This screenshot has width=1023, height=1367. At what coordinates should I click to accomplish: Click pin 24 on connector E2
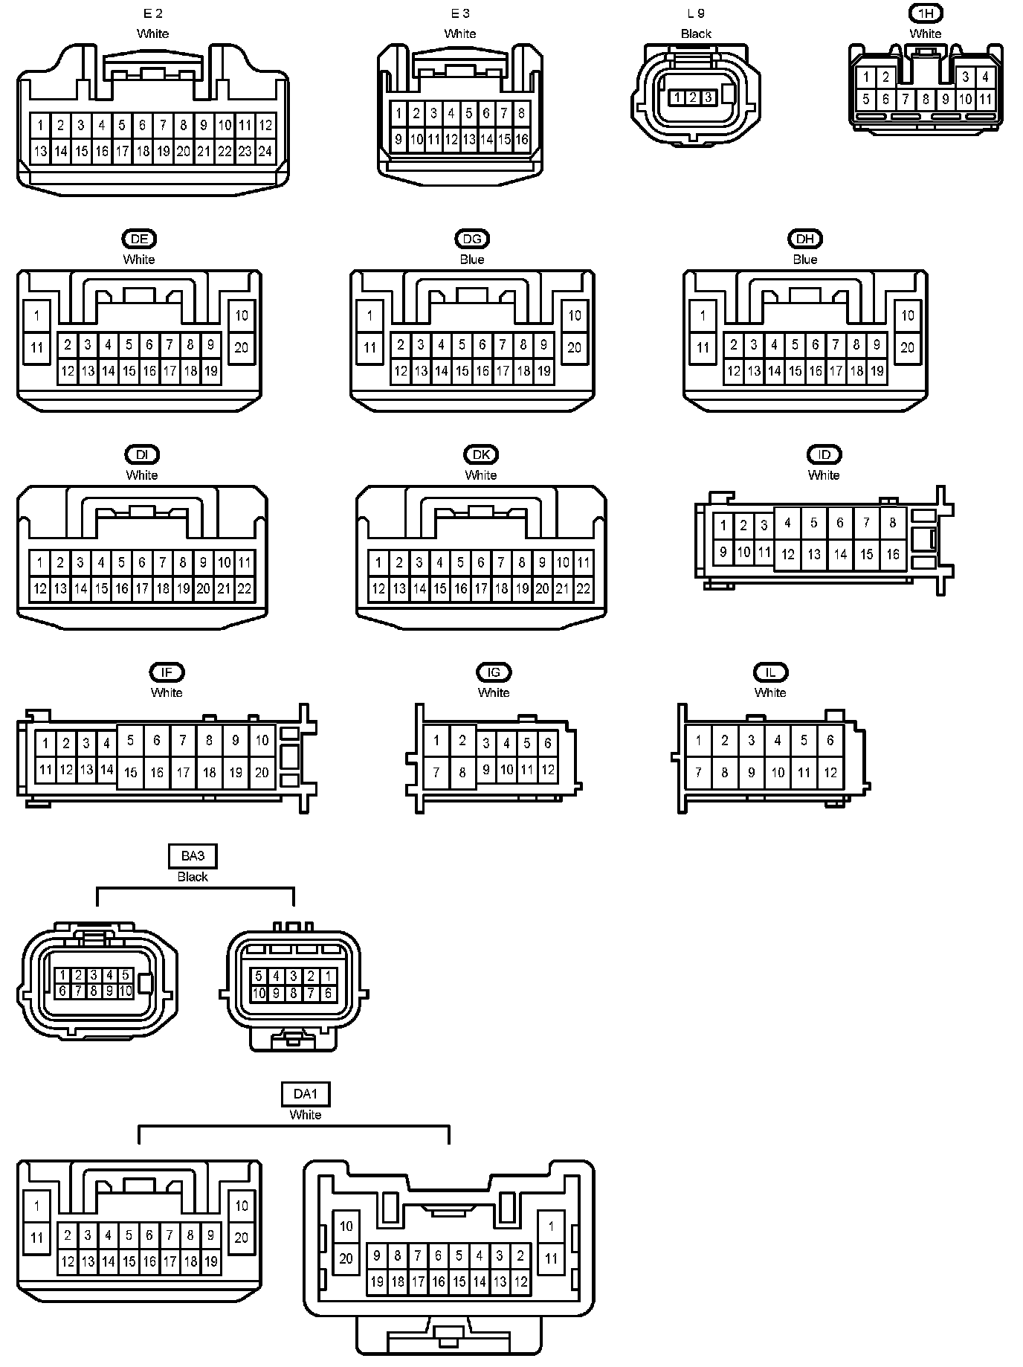coord(265,151)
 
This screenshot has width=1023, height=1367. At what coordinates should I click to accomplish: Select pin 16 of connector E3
coord(521,139)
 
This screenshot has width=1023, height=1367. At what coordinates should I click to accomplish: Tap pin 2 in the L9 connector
coord(692,97)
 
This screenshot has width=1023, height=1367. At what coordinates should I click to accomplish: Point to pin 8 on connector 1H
coord(926,99)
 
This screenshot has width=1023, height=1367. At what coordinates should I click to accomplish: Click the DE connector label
coord(139,239)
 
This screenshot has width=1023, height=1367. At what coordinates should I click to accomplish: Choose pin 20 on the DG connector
coord(575,347)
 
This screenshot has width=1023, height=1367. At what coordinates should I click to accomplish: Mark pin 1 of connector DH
coord(703,315)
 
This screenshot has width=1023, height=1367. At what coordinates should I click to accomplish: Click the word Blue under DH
coord(805,260)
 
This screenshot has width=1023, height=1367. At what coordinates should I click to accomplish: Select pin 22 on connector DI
coord(245,589)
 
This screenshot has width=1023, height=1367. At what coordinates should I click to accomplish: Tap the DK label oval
coord(481,454)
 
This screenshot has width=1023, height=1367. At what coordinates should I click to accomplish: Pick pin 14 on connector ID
coord(840,554)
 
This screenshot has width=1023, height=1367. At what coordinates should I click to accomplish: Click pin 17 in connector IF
coord(183,773)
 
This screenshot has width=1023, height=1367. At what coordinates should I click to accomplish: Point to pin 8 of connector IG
coord(462,773)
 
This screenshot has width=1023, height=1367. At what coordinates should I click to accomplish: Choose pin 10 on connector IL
coord(778,773)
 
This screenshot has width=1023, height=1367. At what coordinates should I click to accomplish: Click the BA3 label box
coord(193,856)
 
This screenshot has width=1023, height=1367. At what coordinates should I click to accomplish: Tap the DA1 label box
coord(306,1094)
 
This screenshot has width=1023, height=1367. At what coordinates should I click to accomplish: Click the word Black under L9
coord(696,33)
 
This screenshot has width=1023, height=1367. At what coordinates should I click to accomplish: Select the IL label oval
coord(770,672)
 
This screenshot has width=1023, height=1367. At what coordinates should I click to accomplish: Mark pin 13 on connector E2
coord(40,151)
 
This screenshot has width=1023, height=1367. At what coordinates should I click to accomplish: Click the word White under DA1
coord(306,1114)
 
